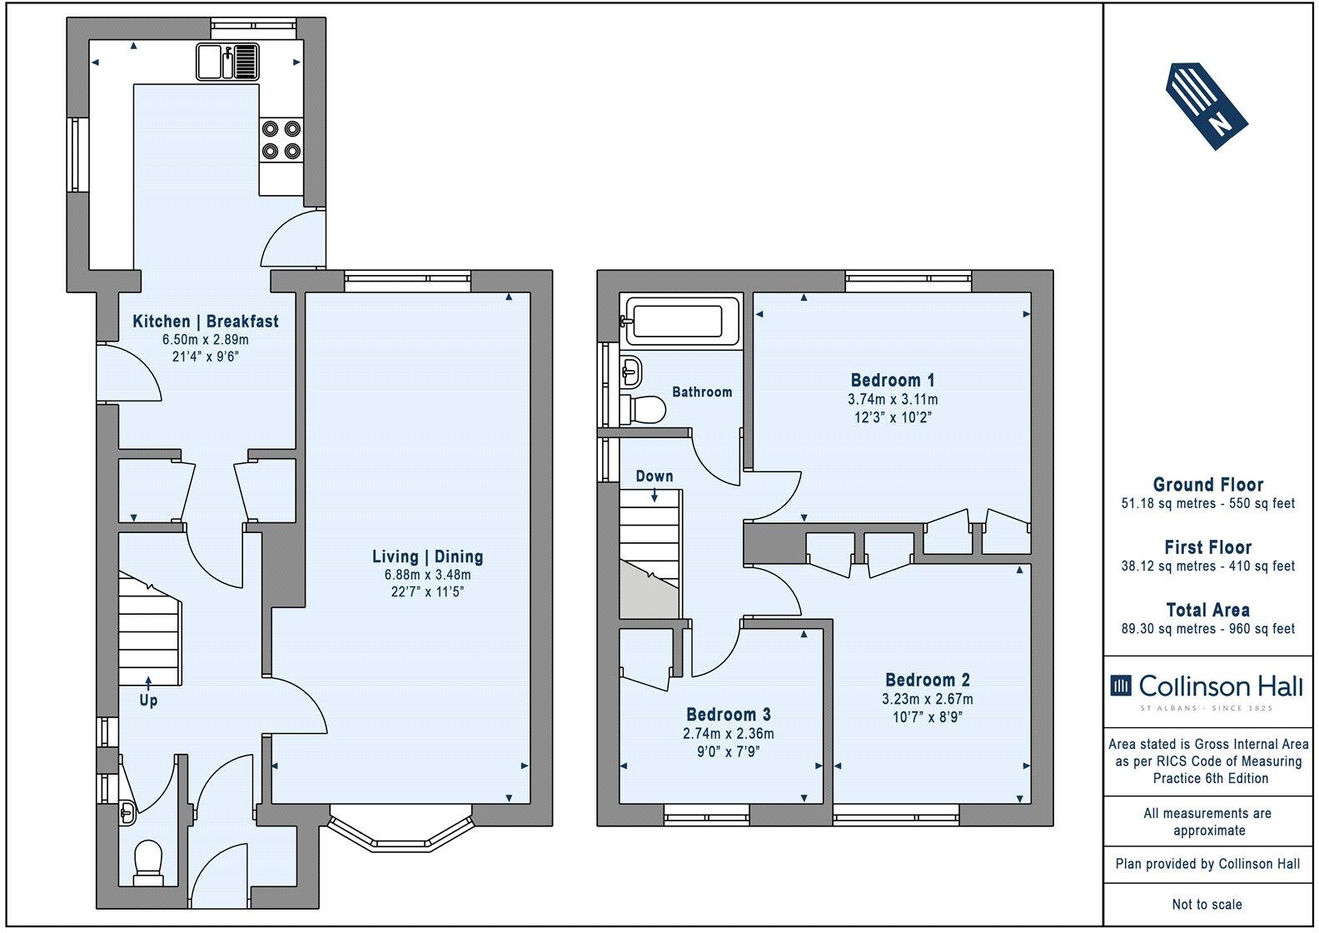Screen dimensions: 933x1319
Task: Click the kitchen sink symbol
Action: pos(227,62)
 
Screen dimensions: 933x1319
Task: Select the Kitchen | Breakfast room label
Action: pos(206,322)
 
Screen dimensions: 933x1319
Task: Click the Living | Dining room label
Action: pos(427,556)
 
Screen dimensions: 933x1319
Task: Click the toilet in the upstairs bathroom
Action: pos(645,409)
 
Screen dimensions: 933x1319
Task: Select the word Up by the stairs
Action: pos(148,700)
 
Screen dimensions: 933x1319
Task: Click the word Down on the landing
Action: pos(655,476)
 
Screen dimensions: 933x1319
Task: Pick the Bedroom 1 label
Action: pos(893,380)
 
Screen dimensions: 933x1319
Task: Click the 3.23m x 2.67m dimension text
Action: pos(928,699)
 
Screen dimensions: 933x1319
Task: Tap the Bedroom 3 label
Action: pos(728,714)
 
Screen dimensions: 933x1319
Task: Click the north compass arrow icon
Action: pos(1207,106)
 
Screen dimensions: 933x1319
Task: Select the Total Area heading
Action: pos(1207,609)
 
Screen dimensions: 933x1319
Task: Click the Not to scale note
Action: pos(1207,904)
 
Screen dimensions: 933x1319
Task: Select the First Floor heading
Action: pos(1207,547)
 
